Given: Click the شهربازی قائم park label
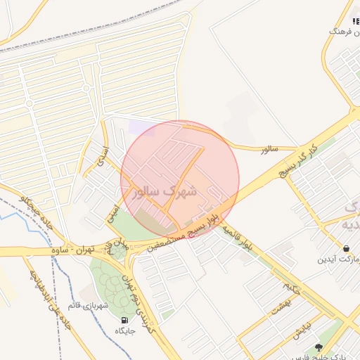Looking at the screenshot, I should [86, 305].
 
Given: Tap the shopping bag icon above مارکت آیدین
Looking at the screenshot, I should [347, 248].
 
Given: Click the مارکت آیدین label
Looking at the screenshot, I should [340, 259].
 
